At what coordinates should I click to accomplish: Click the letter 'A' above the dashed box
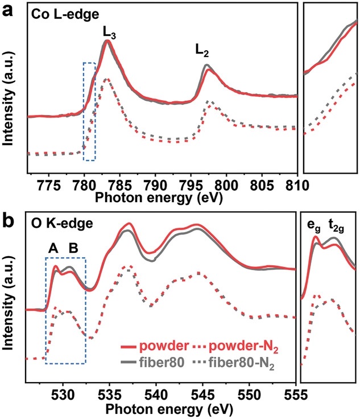(x=53, y=248)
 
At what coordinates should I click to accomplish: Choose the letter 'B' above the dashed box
(x=73, y=248)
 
